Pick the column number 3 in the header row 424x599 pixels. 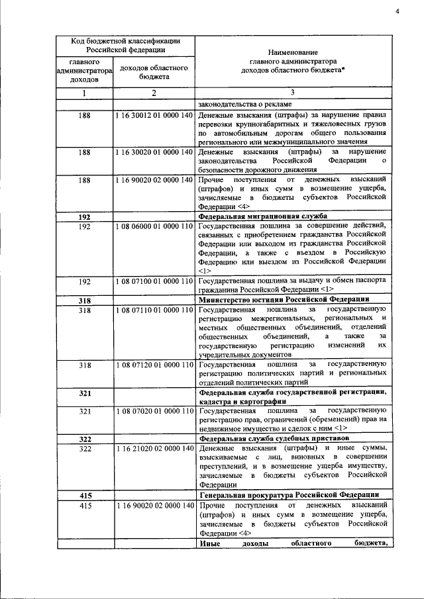(x=292, y=93)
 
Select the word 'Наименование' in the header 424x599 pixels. (x=292, y=52)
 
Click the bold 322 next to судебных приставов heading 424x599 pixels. (x=85, y=439)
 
